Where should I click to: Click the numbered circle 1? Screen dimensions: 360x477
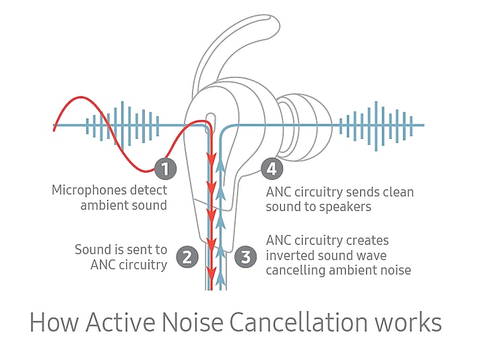click(165, 168)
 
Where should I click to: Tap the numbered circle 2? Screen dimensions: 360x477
click(187, 257)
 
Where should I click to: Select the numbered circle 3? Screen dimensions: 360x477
click(245, 257)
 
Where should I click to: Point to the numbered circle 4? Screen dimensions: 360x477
click(271, 168)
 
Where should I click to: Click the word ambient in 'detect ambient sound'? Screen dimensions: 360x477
click(104, 206)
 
